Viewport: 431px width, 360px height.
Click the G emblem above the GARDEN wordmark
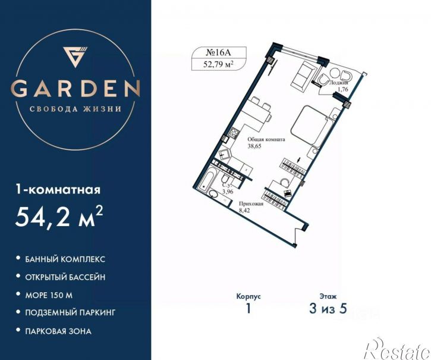tap(75, 57)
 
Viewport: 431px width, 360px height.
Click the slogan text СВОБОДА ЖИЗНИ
tap(75, 109)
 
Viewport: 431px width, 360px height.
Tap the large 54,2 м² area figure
tap(59, 216)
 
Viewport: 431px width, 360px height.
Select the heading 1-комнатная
tap(58, 190)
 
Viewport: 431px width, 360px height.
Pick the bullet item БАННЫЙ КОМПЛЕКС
tap(65, 259)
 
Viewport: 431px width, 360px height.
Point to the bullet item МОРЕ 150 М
tap(49, 295)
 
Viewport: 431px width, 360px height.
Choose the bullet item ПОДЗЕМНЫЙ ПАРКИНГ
tap(70, 312)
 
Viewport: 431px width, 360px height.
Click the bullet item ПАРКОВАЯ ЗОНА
tap(58, 331)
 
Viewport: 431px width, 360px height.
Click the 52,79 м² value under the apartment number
tap(219, 64)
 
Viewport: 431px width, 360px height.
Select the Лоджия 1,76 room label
tap(339, 86)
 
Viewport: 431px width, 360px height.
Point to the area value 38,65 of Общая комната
tap(254, 146)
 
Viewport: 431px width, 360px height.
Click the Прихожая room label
tap(251, 204)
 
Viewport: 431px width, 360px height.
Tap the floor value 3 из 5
tap(328, 309)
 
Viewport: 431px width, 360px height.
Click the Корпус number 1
tap(248, 309)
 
